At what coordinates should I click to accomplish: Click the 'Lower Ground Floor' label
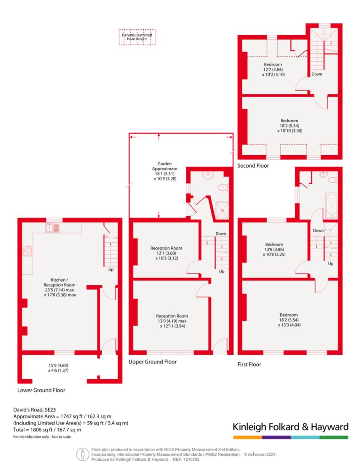pos(41,390)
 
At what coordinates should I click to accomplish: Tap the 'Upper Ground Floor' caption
pos(153,362)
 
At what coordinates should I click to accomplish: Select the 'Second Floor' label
pos(253,165)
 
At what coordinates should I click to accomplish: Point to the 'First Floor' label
pos(249,364)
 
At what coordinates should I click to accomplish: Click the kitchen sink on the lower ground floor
pos(53,228)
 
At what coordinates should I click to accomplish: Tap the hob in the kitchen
pos(27,251)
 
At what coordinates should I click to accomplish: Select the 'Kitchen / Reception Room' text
pos(59,282)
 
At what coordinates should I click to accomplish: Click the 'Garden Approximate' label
pos(164,166)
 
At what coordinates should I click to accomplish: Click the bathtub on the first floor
pos(331,206)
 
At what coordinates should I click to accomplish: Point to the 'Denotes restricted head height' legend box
pos(137,37)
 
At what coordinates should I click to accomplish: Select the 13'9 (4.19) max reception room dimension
pos(172,321)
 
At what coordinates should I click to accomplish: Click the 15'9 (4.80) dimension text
pos(58,365)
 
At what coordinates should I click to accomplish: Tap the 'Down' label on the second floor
pos(317,74)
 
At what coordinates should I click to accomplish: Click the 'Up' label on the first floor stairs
pos(330,263)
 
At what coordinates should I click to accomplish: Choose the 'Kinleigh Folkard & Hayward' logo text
pos(291,427)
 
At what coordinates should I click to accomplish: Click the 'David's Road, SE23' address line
pos(34,410)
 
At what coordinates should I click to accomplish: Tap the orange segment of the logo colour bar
pos(248,437)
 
